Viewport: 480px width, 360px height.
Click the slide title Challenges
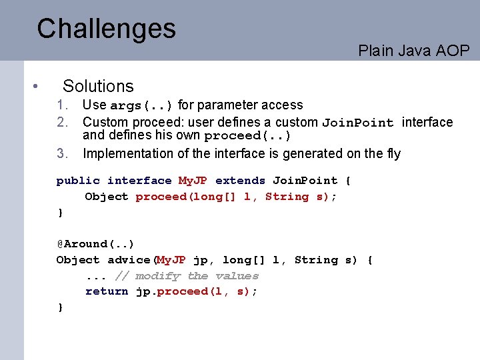point(106,29)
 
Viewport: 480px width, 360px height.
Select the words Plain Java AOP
point(413,51)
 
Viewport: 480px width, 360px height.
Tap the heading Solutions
point(98,86)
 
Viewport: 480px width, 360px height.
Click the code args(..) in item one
point(141,105)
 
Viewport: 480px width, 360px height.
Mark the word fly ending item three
point(393,153)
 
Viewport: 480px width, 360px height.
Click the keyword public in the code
point(78,181)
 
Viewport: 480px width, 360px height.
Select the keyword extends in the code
point(240,181)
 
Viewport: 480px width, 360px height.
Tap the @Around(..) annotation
point(95,244)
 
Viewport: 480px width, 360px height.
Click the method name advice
point(129,260)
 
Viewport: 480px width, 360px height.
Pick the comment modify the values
point(197,276)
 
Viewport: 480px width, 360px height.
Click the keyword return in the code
point(107,291)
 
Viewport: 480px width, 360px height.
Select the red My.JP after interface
point(193,181)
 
